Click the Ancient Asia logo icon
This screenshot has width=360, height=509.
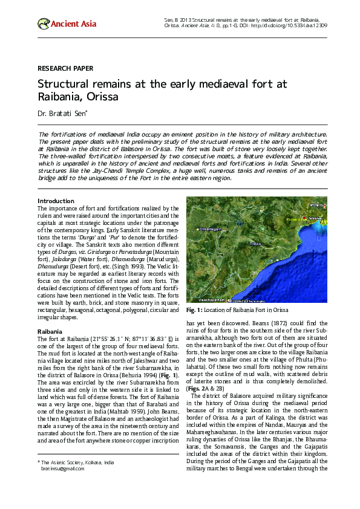click(x=43, y=24)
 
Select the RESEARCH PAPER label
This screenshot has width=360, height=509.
click(x=65, y=69)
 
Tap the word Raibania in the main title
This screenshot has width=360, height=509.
click(x=62, y=97)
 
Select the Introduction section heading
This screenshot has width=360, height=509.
click(x=56, y=201)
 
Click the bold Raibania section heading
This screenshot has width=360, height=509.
click(x=50, y=331)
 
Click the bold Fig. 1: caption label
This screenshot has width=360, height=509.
click(x=197, y=310)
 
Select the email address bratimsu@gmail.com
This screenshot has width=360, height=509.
click(x=62, y=468)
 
